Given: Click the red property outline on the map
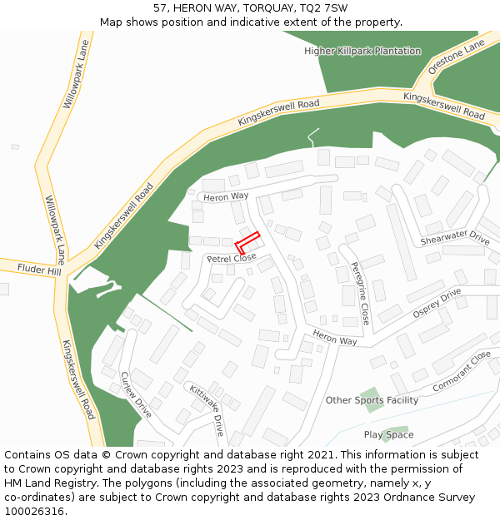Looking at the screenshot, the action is (247, 242).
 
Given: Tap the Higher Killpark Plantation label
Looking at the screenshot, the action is (362, 51).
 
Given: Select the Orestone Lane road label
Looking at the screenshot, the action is (456, 57).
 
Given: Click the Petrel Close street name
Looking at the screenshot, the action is (232, 259).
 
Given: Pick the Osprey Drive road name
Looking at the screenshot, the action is (437, 303).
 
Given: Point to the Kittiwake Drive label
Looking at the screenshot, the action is (207, 410).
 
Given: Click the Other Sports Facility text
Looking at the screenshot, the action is (372, 400).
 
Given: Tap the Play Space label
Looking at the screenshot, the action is (388, 434).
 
